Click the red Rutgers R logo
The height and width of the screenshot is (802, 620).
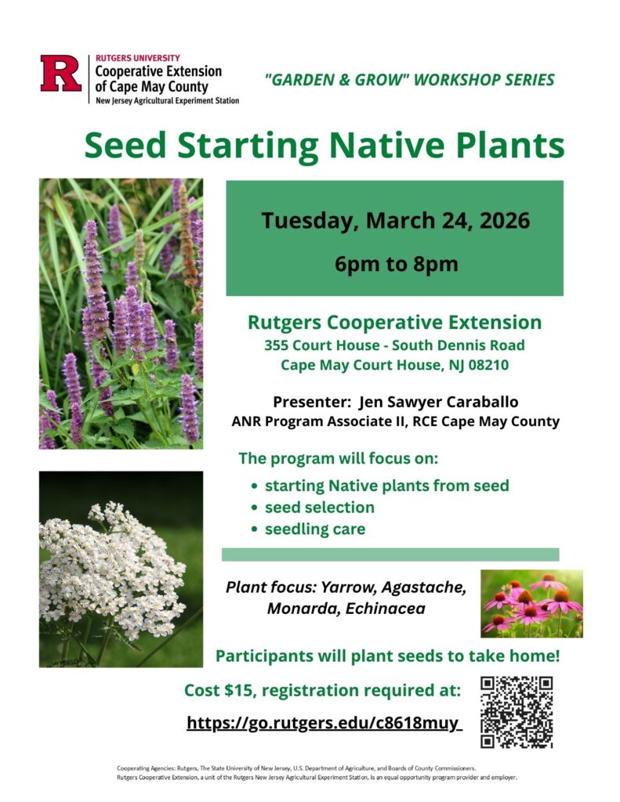[61, 74]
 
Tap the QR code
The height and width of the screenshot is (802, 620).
[517, 713]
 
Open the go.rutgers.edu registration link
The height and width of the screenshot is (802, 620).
[324, 723]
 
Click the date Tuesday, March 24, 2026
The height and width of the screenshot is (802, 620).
[395, 220]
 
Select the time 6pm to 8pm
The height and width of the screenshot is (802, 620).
[397, 264]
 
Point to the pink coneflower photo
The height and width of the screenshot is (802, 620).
[531, 604]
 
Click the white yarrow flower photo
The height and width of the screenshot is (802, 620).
[121, 569]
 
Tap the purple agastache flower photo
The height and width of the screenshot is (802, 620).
[121, 313]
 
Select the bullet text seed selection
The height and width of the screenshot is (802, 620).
[320, 508]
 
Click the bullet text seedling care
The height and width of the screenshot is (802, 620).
[315, 529]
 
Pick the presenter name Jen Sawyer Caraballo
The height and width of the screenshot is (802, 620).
[438, 402]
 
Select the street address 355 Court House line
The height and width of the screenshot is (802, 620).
[394, 345]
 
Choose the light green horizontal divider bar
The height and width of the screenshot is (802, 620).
[390, 555]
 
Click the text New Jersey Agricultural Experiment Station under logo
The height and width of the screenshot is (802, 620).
[168, 101]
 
